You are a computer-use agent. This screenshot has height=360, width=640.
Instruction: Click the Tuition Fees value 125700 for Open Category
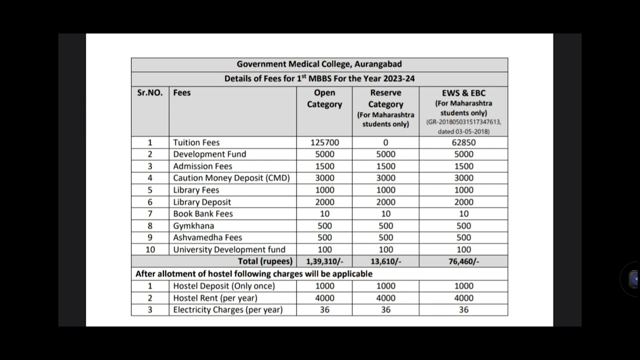point(324,142)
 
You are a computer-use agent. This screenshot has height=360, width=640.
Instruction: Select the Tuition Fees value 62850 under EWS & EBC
point(463,142)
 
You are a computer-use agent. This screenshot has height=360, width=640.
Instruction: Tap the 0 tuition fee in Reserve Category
point(385,142)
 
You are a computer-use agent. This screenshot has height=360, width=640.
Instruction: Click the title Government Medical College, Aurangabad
point(319,64)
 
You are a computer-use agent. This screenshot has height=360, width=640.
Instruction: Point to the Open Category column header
point(324,98)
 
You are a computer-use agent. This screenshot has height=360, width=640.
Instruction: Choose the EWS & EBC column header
point(463,93)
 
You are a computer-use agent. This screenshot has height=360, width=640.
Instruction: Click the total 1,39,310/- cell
point(324,261)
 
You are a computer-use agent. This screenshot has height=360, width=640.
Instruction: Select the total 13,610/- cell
point(385,261)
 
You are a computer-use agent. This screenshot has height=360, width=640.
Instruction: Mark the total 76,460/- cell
point(463,261)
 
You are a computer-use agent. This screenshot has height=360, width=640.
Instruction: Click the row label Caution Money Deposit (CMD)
point(231,178)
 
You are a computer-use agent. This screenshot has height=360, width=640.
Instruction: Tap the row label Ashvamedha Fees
point(207,237)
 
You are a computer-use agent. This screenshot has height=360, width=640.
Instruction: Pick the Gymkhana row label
point(193,225)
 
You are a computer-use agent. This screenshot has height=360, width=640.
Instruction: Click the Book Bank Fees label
point(203,213)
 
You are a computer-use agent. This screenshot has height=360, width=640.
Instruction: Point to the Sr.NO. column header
point(150,93)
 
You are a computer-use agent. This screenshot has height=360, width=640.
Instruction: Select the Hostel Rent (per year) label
point(215,298)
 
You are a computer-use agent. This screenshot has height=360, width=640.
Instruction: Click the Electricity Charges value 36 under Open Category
point(324,310)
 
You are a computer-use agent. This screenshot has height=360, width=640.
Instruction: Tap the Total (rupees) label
point(265,261)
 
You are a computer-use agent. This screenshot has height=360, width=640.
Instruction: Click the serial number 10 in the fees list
point(150,249)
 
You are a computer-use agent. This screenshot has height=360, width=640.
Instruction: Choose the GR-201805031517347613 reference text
point(463,122)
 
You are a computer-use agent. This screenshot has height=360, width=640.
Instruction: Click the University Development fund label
point(229,249)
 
